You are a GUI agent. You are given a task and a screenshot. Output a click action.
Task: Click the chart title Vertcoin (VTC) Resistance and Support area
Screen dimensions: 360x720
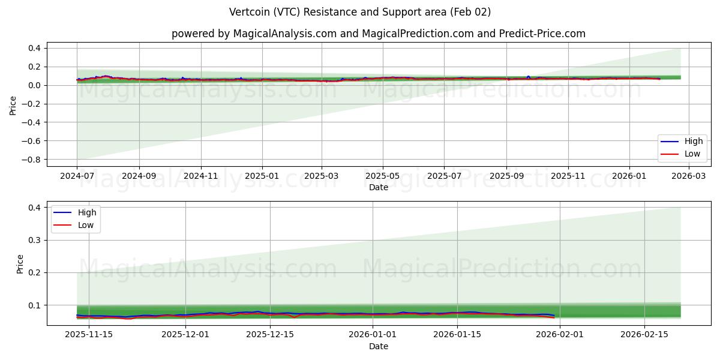click(x=360, y=12)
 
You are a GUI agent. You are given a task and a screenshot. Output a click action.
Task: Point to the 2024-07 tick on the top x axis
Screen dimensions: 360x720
click(x=77, y=176)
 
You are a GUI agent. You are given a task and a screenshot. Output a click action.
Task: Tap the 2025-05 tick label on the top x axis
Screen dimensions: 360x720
click(x=383, y=176)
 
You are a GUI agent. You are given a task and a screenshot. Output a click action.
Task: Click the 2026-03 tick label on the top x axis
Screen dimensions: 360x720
click(x=688, y=176)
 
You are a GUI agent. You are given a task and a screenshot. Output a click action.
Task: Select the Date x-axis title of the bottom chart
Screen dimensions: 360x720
click(x=378, y=347)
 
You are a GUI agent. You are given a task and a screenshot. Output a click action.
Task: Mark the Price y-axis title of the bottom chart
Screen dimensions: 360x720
click(x=20, y=263)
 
